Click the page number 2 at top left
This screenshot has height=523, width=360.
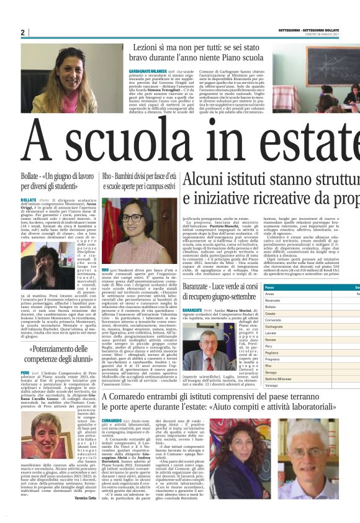click(22, 32)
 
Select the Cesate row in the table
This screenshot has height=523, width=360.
click(288, 313)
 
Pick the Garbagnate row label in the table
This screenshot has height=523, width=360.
click(291, 325)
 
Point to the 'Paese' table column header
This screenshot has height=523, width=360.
click(287, 288)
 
